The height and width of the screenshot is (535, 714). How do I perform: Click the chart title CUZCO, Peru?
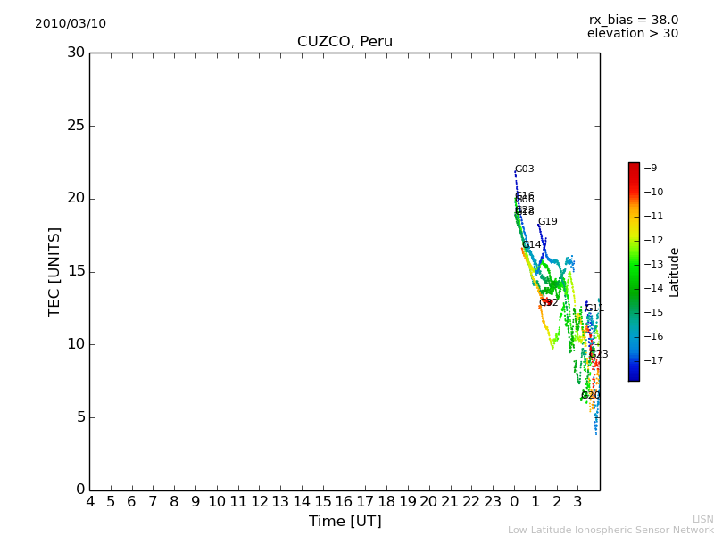(x=345, y=42)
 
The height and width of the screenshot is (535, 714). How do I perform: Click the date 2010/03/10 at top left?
(x=71, y=24)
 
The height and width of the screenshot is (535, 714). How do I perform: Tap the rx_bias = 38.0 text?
(x=633, y=21)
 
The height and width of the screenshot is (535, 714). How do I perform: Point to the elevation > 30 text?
(x=632, y=34)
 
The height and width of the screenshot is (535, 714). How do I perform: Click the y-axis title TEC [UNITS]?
(x=54, y=271)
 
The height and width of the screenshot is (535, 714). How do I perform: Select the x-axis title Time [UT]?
(x=345, y=522)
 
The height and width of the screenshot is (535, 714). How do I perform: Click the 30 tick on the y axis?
(x=75, y=53)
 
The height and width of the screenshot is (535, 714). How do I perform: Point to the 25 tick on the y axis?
(x=75, y=126)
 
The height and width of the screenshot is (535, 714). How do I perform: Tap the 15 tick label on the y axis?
(x=75, y=271)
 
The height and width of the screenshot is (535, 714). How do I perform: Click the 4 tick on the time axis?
(x=89, y=502)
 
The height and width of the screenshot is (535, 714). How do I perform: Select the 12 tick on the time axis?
(x=260, y=502)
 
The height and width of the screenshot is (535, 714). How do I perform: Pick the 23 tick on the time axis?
(x=494, y=502)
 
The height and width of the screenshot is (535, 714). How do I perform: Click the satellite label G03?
(x=525, y=169)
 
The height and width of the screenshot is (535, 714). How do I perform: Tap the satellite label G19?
(x=547, y=222)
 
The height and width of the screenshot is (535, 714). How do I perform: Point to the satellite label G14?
(x=532, y=245)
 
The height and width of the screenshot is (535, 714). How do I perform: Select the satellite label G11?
(x=595, y=309)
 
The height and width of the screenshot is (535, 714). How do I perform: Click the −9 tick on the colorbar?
(x=652, y=168)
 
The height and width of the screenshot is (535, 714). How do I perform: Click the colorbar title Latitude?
(x=674, y=271)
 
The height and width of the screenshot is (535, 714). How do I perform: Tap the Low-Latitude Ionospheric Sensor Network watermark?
(x=610, y=530)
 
